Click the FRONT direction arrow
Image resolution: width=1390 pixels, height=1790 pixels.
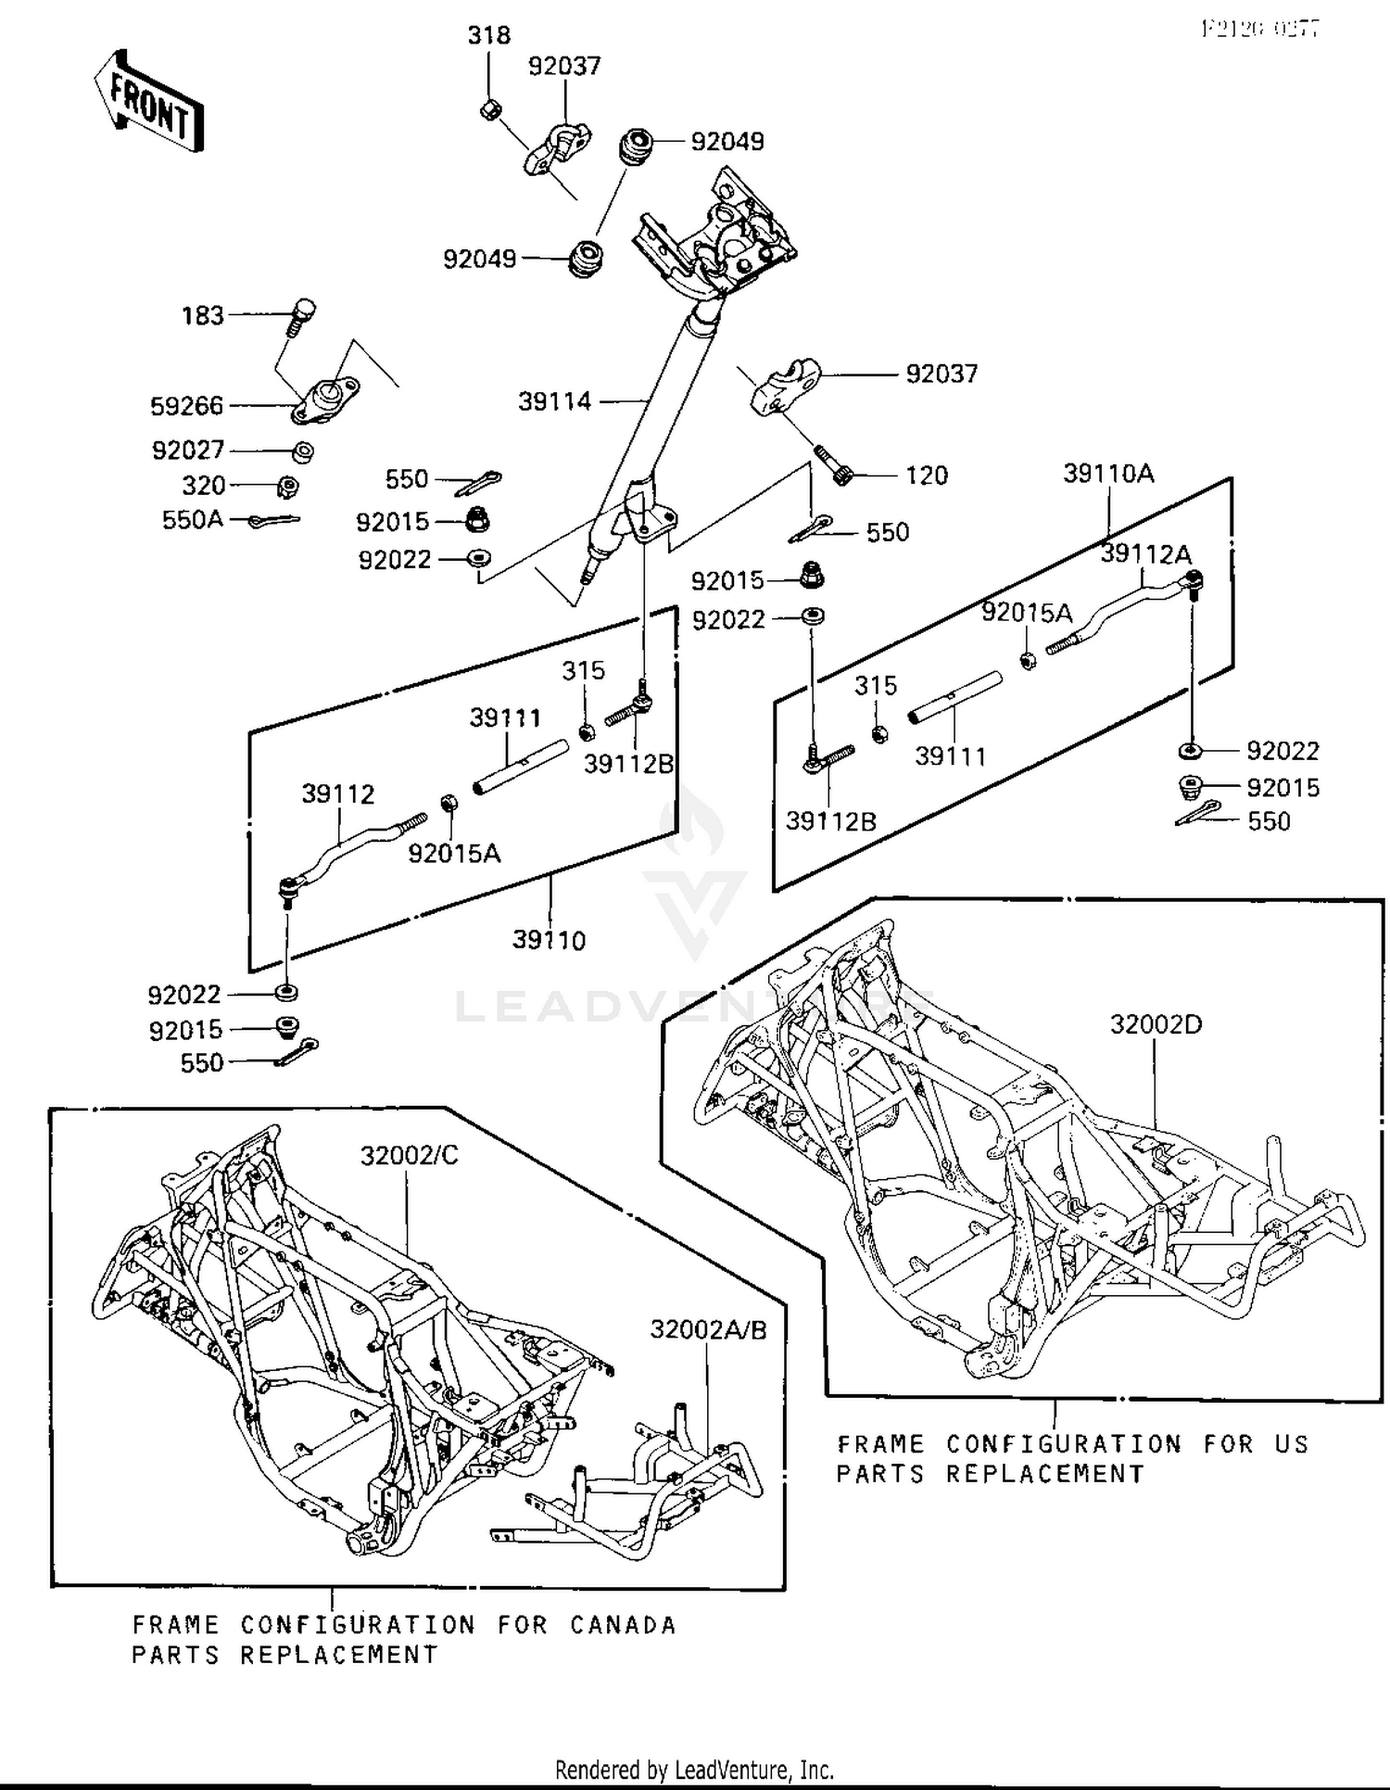click(148, 102)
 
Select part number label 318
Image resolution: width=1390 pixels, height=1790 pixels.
click(488, 36)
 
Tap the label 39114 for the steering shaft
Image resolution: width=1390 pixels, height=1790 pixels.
click(554, 401)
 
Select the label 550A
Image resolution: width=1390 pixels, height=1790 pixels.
click(193, 520)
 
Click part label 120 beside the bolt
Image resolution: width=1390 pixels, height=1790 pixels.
click(926, 476)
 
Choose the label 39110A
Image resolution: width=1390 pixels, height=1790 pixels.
click(1108, 474)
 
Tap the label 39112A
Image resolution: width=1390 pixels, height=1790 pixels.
click(1145, 554)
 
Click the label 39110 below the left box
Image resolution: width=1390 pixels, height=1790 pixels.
click(549, 941)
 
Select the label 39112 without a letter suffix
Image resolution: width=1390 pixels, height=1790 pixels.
click(337, 794)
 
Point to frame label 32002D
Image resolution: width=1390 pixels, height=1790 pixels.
click(1156, 1025)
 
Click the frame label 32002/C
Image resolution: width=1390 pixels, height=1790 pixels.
click(409, 1156)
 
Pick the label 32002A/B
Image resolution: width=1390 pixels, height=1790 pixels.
click(708, 1330)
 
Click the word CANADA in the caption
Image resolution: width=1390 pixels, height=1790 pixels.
click(623, 1625)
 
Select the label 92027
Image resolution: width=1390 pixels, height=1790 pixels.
click(188, 451)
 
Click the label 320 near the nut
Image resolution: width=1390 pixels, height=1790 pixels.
click(204, 486)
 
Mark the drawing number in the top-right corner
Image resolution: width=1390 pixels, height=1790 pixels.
click(1260, 29)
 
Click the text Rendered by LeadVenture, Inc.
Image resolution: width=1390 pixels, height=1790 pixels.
click(694, 1770)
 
